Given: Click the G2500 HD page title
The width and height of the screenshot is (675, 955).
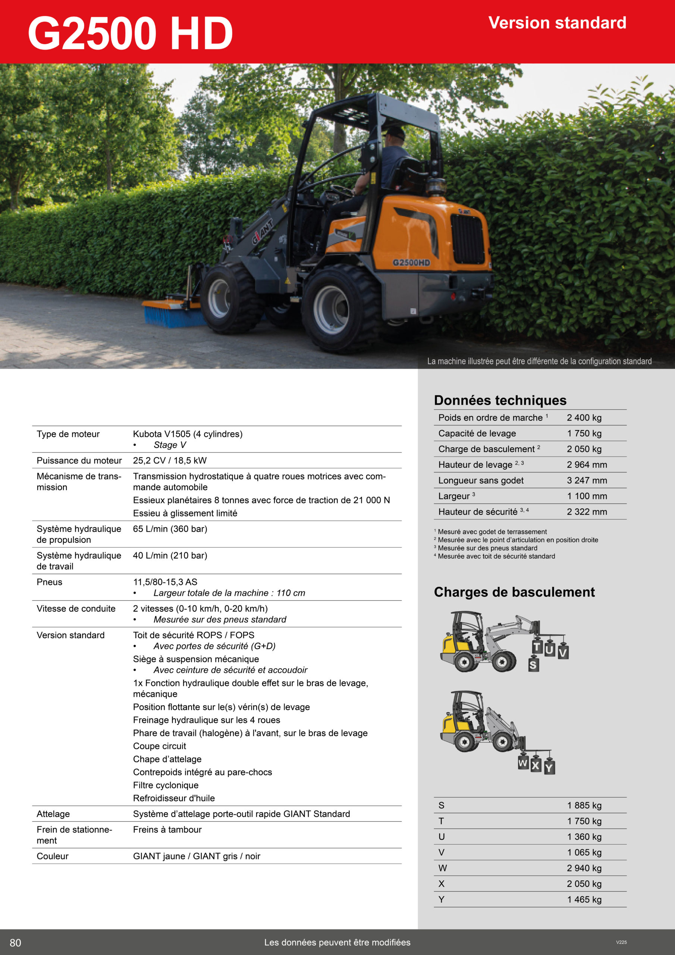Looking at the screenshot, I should coord(130,33).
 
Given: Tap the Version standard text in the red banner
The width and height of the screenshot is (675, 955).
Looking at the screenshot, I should coord(557,23).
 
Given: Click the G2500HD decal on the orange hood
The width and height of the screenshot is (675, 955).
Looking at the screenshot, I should coord(411,263).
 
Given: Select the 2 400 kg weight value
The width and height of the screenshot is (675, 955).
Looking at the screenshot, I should coord(584,417).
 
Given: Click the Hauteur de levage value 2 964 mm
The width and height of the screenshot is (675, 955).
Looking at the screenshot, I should coord(586,464).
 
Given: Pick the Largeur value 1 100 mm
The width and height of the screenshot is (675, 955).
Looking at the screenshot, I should coord(586,496).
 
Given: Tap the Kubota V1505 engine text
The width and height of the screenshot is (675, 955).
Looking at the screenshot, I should coord(188,434).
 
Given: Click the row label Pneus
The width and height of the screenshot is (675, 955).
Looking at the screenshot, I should coord(50,582).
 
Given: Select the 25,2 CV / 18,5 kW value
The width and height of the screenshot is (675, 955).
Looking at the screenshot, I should coord(170,460).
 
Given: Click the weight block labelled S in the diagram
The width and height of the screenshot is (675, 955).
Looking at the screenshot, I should coord(533,665).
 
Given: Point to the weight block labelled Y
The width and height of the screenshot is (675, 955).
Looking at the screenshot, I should coord(549,767).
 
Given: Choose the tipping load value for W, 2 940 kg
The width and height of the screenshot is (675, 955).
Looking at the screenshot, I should coord(584,868).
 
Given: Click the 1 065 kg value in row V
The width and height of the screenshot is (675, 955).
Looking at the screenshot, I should coord(584,852).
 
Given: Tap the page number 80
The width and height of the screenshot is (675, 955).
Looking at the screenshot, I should coord(15,943).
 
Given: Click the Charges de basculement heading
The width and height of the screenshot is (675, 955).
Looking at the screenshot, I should coord(514,592).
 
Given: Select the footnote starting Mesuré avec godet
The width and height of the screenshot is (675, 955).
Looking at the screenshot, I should coord(492,532).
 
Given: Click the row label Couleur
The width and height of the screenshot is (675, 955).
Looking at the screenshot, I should coord(53,856).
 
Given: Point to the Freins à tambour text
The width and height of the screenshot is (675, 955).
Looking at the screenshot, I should coord(167,829).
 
